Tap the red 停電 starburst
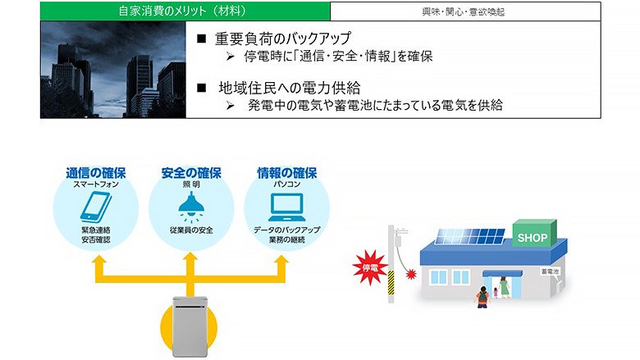tap(370, 267)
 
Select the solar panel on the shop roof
tap(470, 236)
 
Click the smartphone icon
tap(96, 207)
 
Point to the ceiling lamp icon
tap(191, 208)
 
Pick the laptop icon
tap(287, 207)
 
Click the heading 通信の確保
tap(96, 173)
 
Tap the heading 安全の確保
tap(191, 173)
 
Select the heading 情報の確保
tap(287, 173)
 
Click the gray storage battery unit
tap(190, 326)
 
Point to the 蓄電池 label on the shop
tap(550, 271)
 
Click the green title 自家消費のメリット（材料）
tap(182, 11)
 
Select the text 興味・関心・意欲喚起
tap(464, 11)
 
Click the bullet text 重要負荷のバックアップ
tap(283, 39)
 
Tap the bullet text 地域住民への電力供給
tap(290, 88)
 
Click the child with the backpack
tap(482, 297)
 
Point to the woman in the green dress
tap(504, 287)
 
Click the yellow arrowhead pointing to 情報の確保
tap(281, 260)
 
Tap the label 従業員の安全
tap(191, 230)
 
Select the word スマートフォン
tap(96, 185)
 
